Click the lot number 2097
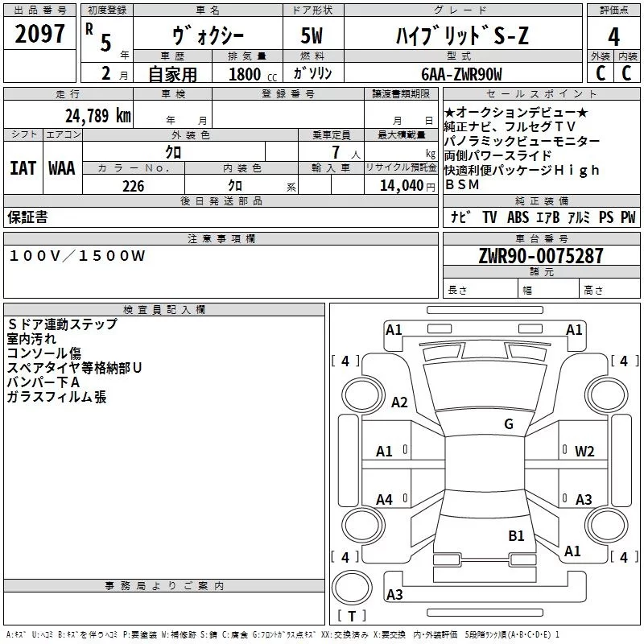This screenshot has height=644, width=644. click(x=39, y=35)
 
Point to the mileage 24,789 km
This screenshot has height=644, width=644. click(x=97, y=115)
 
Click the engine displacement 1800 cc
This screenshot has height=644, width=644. click(x=250, y=74)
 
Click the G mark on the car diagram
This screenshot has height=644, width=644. click(x=508, y=424)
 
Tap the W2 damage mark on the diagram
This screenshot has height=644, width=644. click(x=584, y=451)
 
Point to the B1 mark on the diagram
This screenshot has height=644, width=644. click(x=516, y=535)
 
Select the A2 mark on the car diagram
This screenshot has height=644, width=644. click(x=399, y=402)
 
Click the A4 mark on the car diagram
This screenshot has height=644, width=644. click(x=385, y=500)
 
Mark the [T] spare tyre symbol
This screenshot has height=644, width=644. click(x=351, y=617)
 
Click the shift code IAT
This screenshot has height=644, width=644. click(x=22, y=168)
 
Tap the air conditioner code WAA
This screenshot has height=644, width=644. click(x=61, y=168)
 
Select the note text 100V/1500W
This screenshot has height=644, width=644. click(x=77, y=255)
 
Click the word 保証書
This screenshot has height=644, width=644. click(x=27, y=217)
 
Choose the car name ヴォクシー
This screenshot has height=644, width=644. click(x=208, y=35)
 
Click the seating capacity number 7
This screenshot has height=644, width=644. click(x=332, y=151)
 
